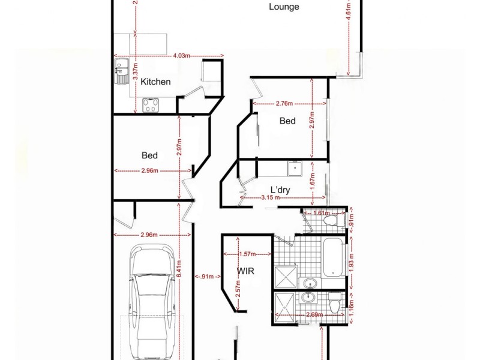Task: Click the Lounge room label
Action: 284,7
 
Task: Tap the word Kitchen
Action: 155,82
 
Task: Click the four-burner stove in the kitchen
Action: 150,106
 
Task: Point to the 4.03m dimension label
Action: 181,55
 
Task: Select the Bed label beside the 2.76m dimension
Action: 287,121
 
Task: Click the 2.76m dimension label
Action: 284,104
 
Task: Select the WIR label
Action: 245,271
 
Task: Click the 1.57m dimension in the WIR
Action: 247,254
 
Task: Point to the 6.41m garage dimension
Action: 179,269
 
